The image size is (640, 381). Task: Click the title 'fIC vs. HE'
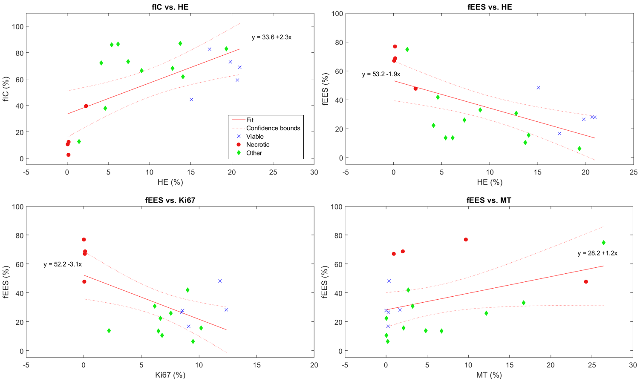pos(170,7)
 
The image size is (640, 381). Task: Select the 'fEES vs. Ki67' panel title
pos(170,200)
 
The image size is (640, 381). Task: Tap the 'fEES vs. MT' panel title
pos(489,200)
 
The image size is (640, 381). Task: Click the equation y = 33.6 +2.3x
pos(271,37)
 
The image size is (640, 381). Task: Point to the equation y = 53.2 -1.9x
pos(381,74)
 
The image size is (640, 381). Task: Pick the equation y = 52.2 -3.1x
pos(63,264)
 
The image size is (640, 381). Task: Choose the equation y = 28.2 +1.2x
pos(597,253)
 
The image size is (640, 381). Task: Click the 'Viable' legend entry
pos(255,137)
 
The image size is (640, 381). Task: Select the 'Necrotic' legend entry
pos(257,145)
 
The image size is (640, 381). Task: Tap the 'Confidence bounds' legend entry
pos(273,128)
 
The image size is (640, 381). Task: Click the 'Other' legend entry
pos(254,153)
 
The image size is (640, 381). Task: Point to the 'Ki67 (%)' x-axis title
pos(170,375)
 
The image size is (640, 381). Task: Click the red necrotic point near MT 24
pos(586,282)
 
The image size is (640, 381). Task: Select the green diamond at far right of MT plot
pos(603,243)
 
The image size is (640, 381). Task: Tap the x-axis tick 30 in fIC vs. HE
pos(314,172)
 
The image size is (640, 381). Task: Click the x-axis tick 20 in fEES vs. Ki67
pos(314,365)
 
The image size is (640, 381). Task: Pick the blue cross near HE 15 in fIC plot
pos(191,100)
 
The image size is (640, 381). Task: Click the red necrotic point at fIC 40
pos(86,106)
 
